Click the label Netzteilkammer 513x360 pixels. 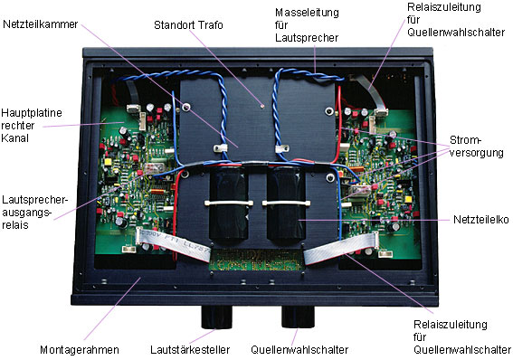coord(40,24)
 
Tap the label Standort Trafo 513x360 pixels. coord(188,25)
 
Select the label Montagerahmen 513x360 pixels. coord(80,350)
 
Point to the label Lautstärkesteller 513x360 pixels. coord(190,350)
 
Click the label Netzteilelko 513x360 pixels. coord(481,220)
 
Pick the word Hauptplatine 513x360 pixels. coord(32,113)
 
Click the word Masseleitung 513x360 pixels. coord(307,13)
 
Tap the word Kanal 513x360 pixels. coord(14,138)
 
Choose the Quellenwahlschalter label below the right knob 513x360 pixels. coord(299,350)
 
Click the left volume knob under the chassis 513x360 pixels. coord(217,317)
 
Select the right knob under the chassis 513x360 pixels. coord(298,317)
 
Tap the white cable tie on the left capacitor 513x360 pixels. coord(229,203)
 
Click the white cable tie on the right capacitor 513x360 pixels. coord(286,204)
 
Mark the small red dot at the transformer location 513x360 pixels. coord(261,106)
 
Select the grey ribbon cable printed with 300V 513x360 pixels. coord(173,243)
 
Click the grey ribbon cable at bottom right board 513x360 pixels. coord(341,247)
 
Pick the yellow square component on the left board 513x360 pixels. coord(108,162)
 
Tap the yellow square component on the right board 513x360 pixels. coord(408,199)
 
